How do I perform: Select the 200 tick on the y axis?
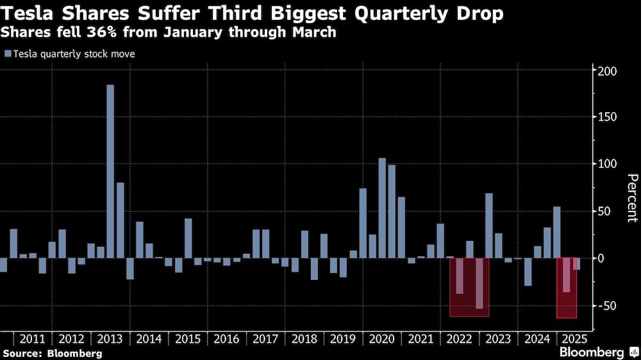pyautogui.click(x=607, y=70)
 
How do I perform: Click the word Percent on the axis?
pyautogui.click(x=631, y=198)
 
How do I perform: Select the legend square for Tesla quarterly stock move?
pyautogui.click(x=8, y=54)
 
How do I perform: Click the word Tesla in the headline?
pyautogui.click(x=27, y=13)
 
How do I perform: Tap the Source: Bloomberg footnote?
pyautogui.click(x=53, y=353)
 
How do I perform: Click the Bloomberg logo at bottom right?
pyautogui.click(x=599, y=352)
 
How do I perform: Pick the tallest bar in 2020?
pyautogui.click(x=382, y=208)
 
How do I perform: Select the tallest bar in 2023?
pyautogui.click(x=489, y=225)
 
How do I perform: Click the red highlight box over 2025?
pyautogui.click(x=567, y=288)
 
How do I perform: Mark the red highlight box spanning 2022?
pyautogui.click(x=469, y=287)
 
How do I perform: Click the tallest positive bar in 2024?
pyautogui.click(x=557, y=232)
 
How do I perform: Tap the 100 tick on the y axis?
pyautogui.click(x=607, y=164)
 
